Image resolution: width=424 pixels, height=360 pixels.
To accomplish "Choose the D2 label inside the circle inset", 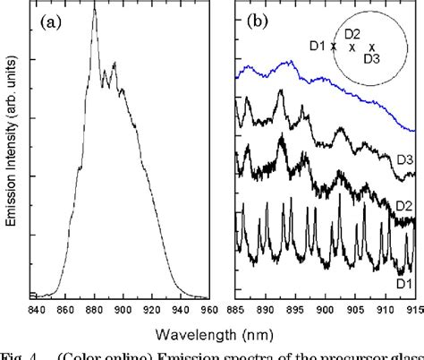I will (x=352, y=34).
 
